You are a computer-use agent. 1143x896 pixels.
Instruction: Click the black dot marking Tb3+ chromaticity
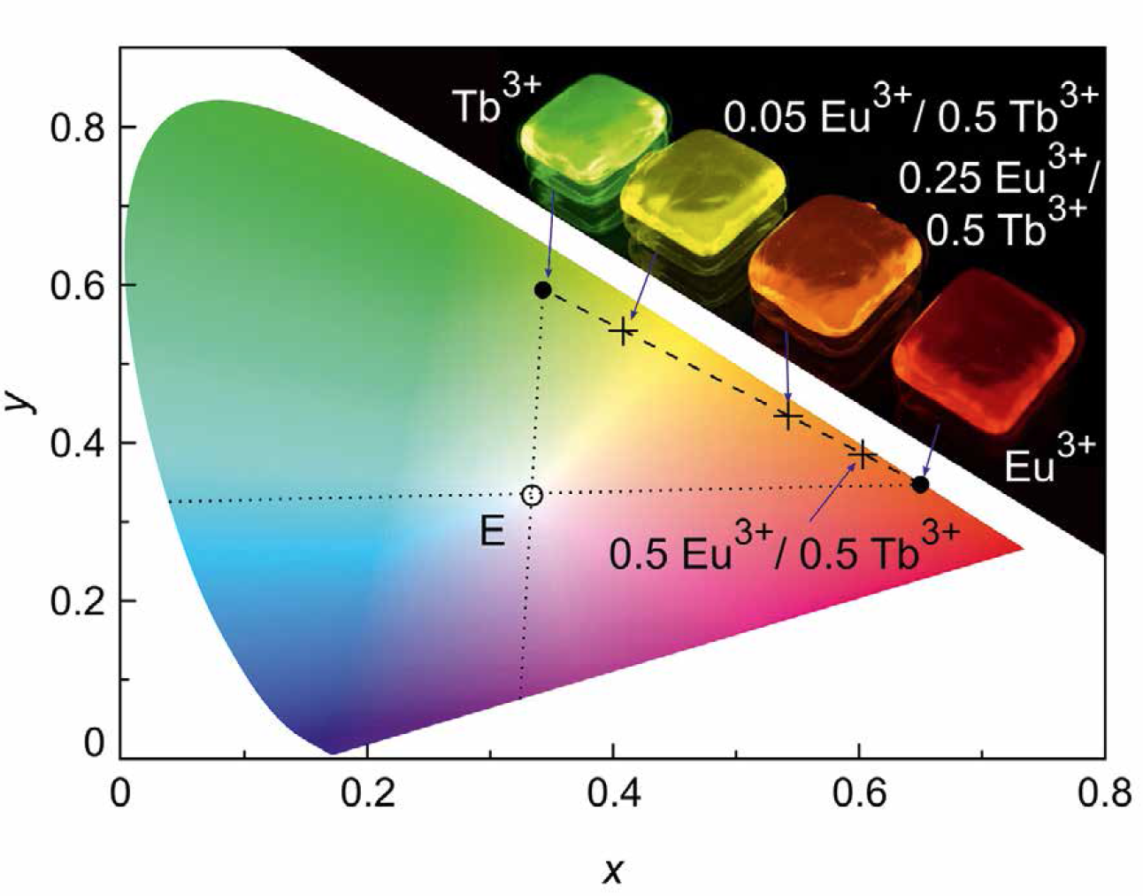pyautogui.click(x=543, y=290)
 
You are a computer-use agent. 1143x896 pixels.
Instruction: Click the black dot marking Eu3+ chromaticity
pyautogui.click(x=920, y=484)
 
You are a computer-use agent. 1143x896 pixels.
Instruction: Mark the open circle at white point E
pyautogui.click(x=531, y=495)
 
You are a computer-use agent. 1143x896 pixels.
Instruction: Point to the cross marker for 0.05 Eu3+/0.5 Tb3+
pyautogui.click(x=624, y=332)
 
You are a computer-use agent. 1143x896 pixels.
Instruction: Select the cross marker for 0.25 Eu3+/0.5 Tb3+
pyautogui.click(x=788, y=416)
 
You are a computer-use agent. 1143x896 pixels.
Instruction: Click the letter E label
pyautogui.click(x=492, y=532)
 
